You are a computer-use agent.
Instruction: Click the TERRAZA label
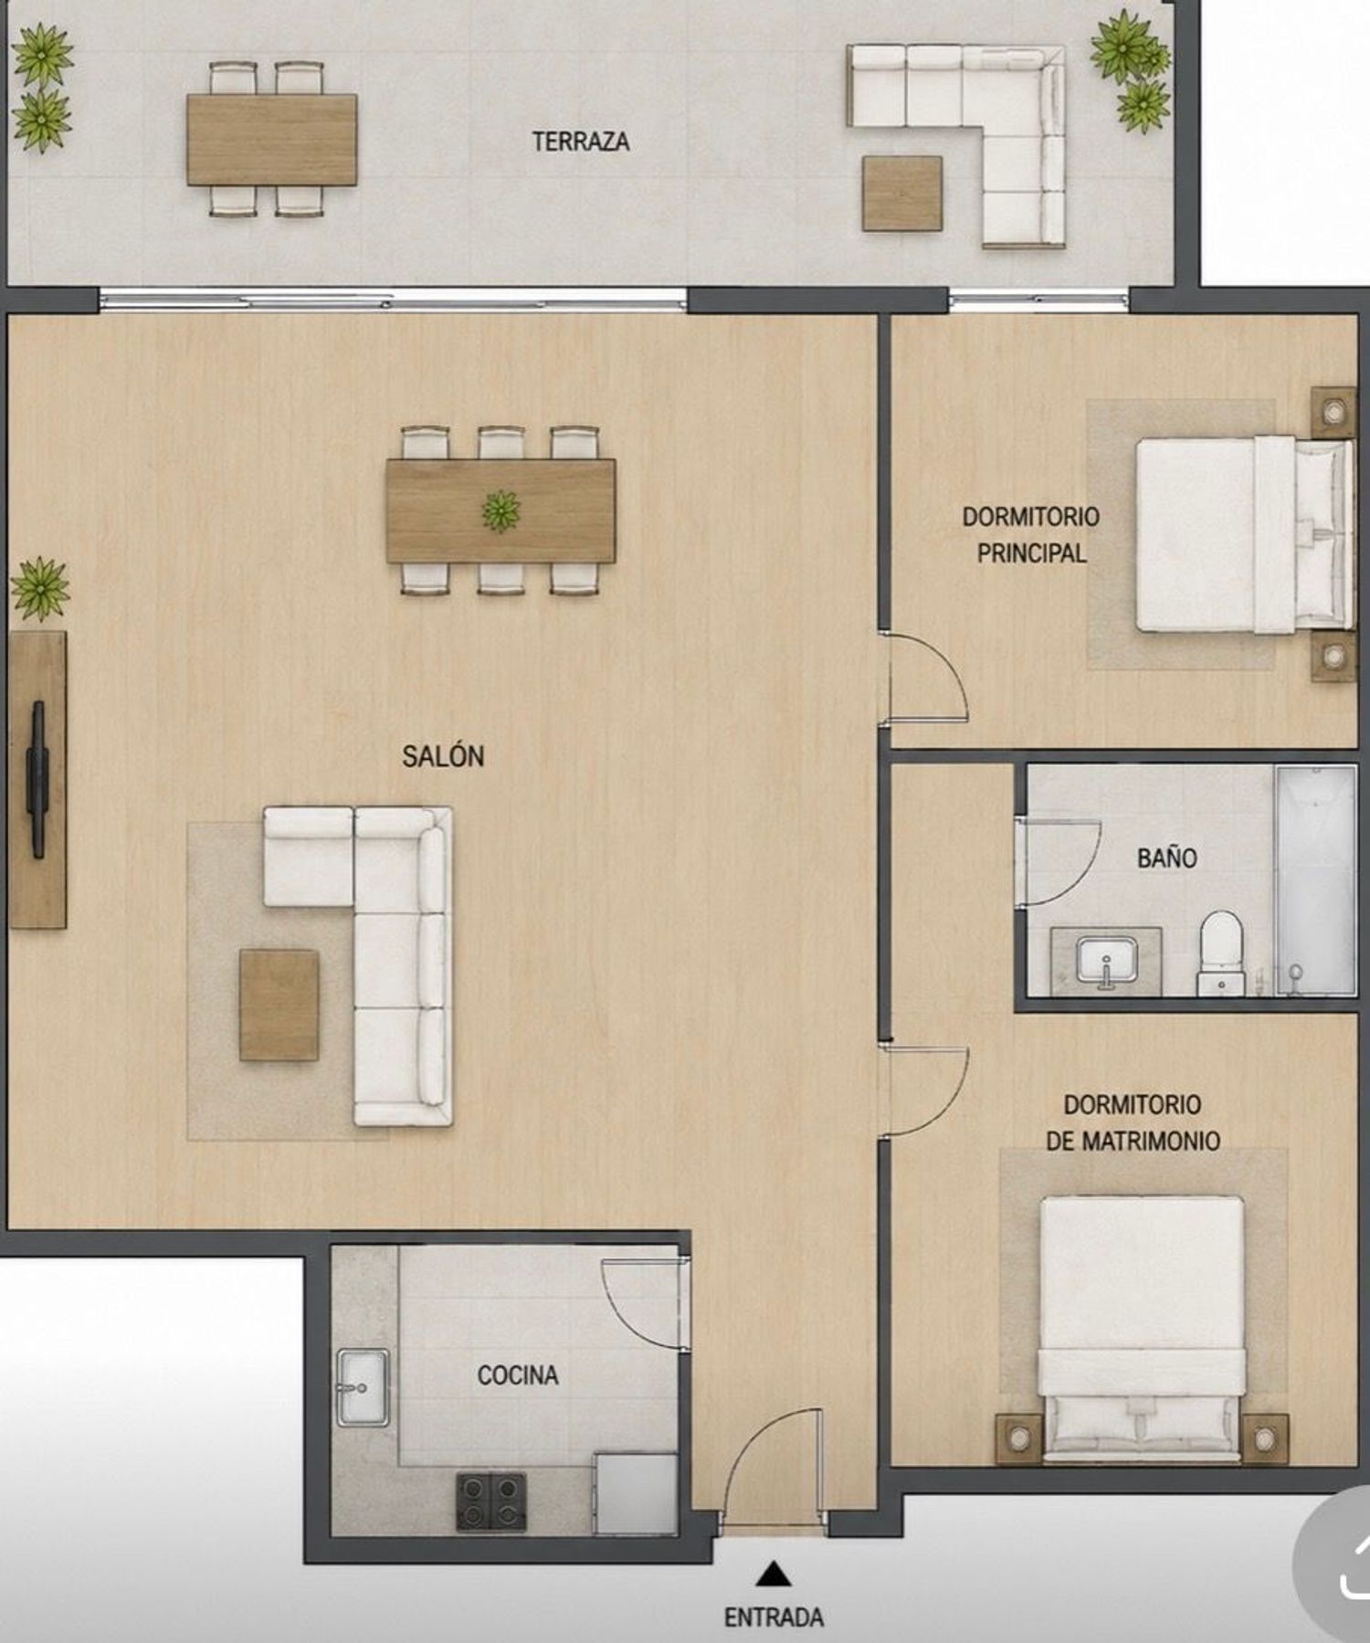581,142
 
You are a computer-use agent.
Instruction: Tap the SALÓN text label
443,756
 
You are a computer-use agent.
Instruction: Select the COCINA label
518,1374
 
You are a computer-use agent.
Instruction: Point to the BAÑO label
1166,858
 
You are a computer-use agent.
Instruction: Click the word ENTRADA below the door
774,1617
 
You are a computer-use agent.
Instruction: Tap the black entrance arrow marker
774,1574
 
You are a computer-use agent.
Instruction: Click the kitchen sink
363,1387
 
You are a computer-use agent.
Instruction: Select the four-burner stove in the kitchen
491,1501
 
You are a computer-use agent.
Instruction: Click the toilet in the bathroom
1221,953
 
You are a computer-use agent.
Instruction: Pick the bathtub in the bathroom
1315,880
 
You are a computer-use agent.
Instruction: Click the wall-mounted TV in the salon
37,779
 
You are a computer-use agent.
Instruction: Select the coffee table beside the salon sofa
279,1005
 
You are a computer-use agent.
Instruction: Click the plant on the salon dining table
501,510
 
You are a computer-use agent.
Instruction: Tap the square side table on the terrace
902,193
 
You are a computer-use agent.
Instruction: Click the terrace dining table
272,140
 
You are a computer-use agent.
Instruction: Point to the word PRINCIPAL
1031,553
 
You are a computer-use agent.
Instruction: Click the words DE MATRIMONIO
1133,1141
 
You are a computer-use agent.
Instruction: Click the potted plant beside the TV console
40,589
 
